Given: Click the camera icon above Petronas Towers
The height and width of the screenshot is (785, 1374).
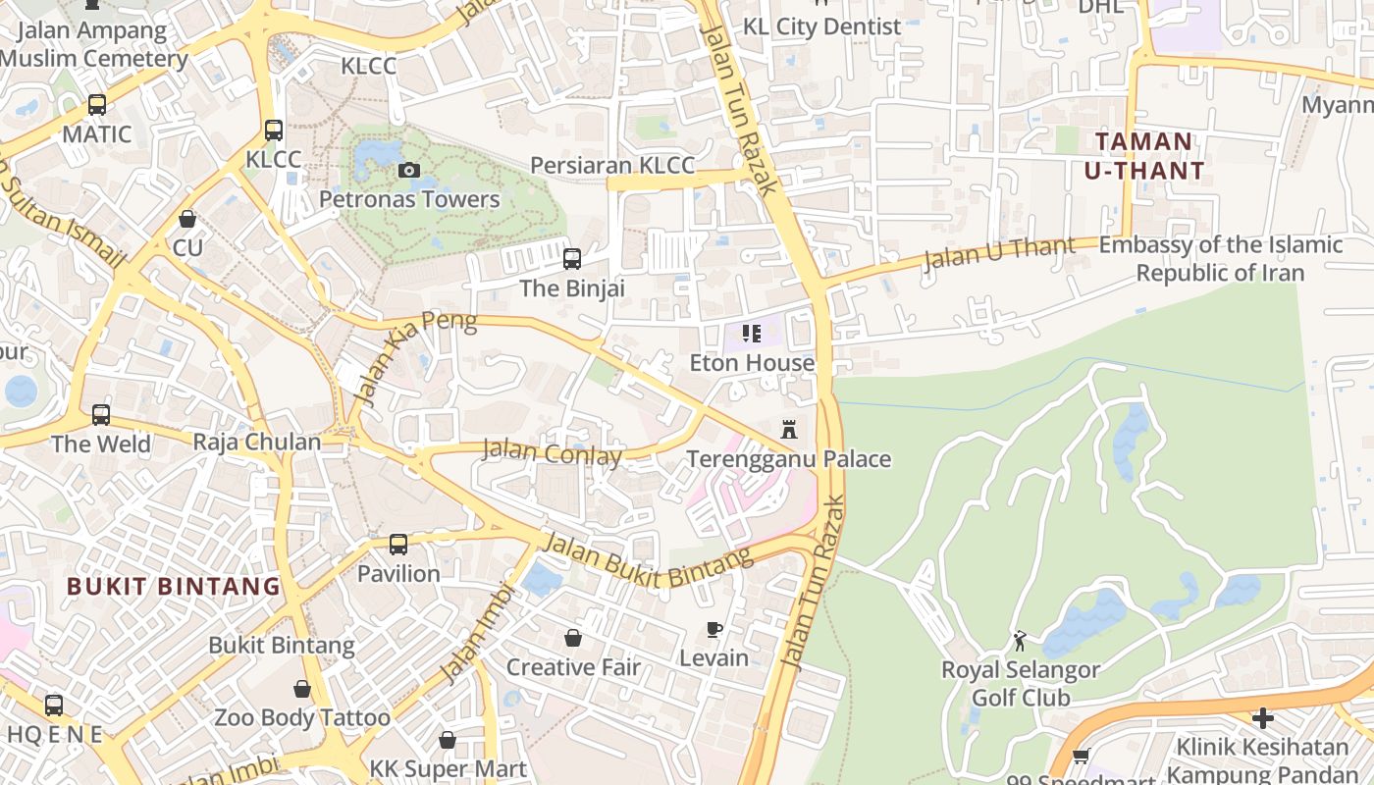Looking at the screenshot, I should point(409,171).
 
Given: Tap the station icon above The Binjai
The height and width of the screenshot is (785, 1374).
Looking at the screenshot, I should point(571,259).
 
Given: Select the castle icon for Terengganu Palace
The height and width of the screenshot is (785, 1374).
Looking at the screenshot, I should point(788,430).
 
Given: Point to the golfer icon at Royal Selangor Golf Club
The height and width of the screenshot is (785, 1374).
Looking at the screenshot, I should point(1020,641).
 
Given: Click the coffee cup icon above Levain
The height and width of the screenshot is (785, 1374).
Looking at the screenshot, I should point(714,629).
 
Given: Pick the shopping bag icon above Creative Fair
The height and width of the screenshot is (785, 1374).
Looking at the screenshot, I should point(573,638).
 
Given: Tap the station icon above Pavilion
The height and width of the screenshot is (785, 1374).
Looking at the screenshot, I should point(397,544).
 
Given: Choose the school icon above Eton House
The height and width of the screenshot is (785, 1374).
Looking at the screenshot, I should point(752,334).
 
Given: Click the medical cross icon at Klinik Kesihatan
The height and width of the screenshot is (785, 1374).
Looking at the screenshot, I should point(1263,718).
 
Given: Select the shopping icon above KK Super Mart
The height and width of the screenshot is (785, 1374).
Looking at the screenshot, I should point(448,739).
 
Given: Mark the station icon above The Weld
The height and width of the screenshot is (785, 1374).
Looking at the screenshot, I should point(101,414).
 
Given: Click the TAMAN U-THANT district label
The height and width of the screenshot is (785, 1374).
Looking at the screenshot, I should point(1144,156).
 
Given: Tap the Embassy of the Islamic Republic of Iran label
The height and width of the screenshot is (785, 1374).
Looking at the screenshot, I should point(1220,258).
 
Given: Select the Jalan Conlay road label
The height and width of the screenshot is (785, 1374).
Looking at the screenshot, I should point(552,454).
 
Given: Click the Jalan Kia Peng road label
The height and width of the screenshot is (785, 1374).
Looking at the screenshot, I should point(414,358).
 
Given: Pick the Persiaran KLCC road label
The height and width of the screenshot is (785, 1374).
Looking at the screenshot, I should point(612,165).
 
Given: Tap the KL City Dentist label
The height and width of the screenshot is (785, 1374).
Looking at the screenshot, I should point(821,26).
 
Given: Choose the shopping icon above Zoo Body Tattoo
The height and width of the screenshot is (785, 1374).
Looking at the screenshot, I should point(302,690).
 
